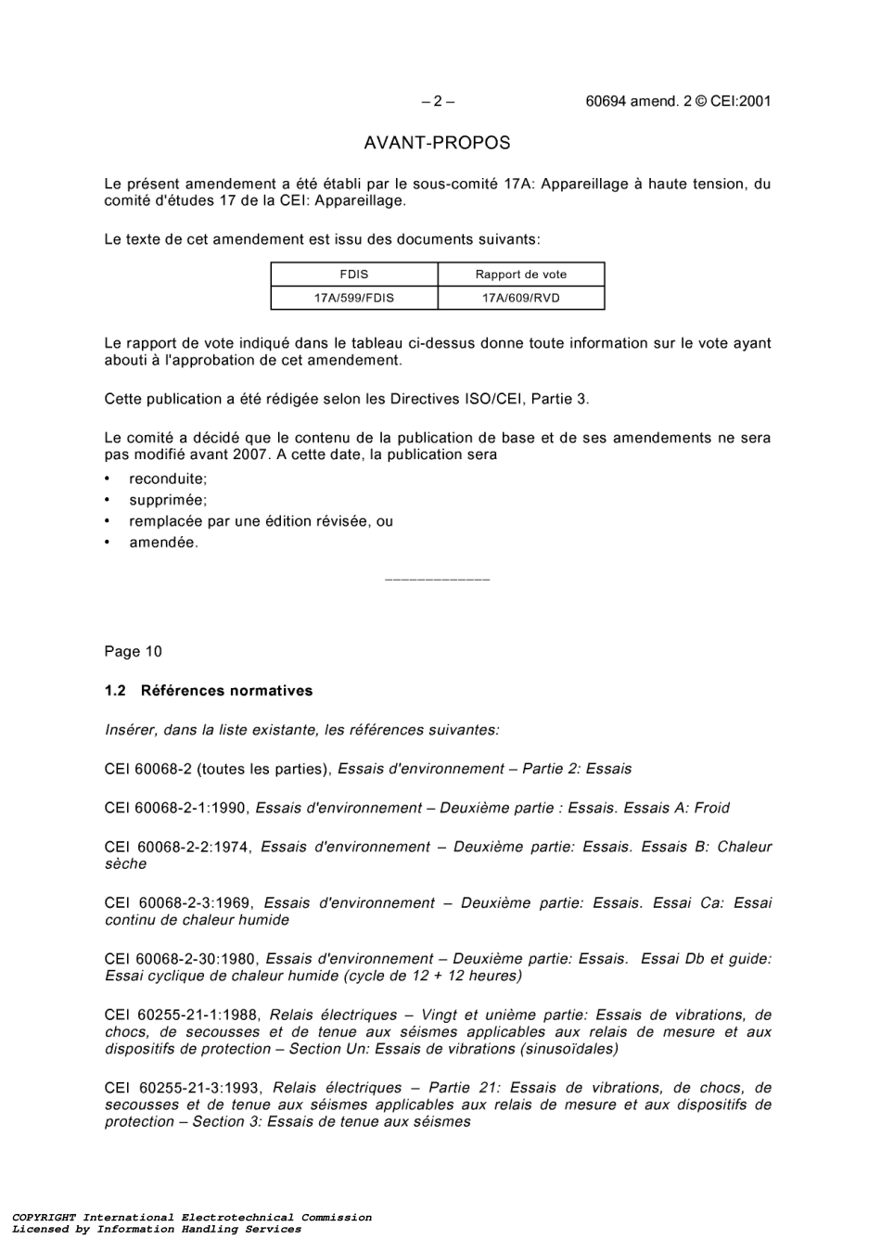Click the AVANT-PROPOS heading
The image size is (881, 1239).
tap(437, 143)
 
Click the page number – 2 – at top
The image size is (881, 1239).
tap(437, 102)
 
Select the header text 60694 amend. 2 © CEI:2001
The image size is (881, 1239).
tap(678, 102)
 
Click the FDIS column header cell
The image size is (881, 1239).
tap(353, 275)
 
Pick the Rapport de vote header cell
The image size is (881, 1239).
tap(520, 275)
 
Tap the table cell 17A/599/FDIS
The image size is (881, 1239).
tap(353, 299)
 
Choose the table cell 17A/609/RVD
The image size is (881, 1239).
tap(520, 299)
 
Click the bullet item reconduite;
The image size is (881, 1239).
tap(168, 479)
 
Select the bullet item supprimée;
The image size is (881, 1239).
tap(168, 501)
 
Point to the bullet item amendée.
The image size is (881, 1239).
tap(163, 543)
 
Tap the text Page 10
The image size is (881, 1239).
tap(133, 652)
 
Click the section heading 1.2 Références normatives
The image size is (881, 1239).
tap(209, 691)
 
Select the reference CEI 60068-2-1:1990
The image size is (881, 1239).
tap(176, 809)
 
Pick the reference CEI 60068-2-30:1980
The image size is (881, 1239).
tap(181, 960)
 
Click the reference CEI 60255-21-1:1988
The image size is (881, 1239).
tap(183, 1015)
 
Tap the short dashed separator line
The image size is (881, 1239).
tap(437, 581)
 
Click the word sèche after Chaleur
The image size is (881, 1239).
tap(125, 864)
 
